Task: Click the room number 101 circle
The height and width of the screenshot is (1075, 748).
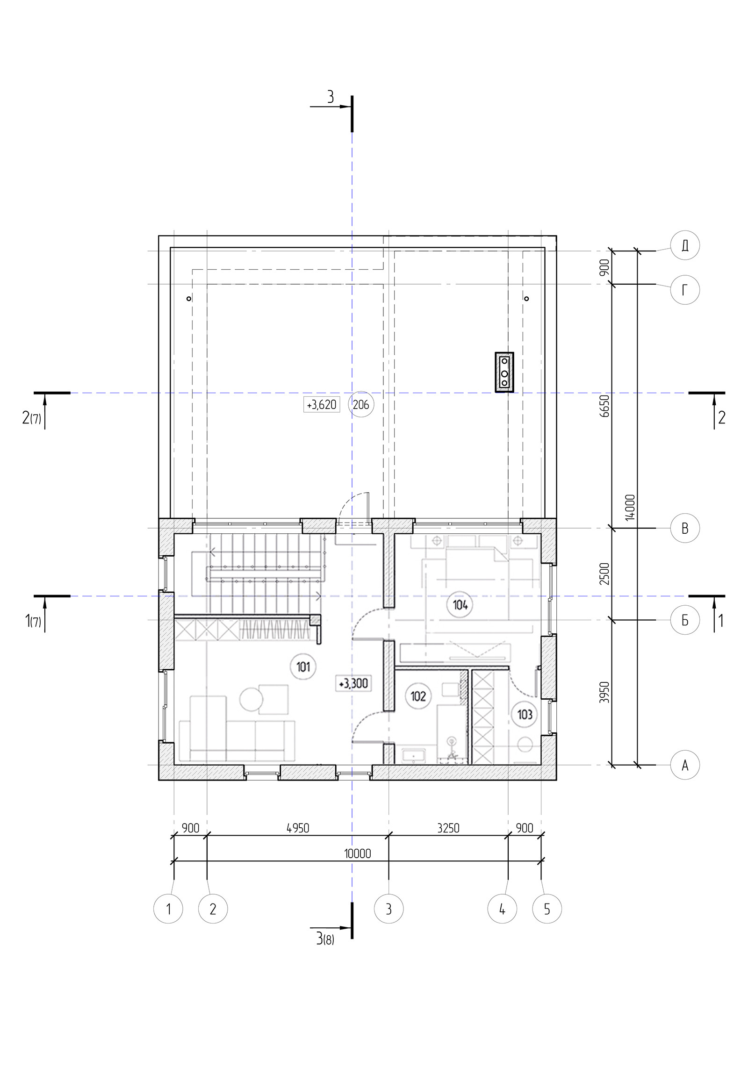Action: click(303, 666)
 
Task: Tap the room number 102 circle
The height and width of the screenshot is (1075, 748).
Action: click(418, 696)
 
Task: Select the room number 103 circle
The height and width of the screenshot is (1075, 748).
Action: click(525, 715)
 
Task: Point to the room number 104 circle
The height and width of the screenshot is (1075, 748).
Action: click(460, 605)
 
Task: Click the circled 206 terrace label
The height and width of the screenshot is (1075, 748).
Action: click(361, 404)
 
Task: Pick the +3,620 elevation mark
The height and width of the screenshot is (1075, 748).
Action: click(321, 405)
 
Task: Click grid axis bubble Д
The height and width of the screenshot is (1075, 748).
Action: click(685, 245)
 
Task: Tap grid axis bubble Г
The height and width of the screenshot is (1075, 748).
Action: click(685, 290)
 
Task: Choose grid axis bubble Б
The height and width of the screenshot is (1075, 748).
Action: click(685, 620)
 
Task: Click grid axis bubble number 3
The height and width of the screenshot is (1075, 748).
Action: click(389, 909)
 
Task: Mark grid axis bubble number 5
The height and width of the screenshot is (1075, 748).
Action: click(547, 909)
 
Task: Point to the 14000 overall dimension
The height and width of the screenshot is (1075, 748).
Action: click(630, 507)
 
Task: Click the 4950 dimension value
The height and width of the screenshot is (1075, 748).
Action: click(298, 828)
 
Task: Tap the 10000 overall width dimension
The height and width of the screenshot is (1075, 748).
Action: click(357, 853)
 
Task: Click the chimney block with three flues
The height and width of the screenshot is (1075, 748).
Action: click(504, 372)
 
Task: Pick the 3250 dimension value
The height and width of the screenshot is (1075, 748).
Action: click(448, 828)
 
